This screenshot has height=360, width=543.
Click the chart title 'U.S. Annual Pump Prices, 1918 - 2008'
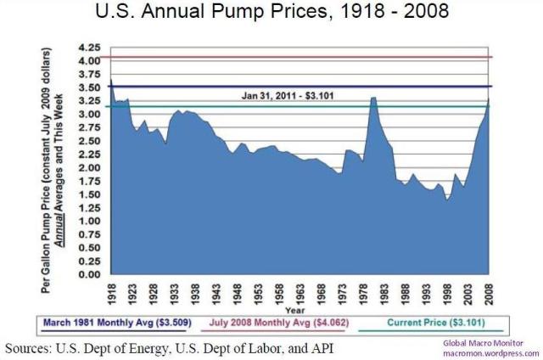[x=271, y=14]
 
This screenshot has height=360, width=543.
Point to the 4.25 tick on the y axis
[x=88, y=47]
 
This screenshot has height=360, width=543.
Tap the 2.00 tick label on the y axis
[x=88, y=167]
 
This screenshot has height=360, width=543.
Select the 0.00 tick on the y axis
[x=88, y=274]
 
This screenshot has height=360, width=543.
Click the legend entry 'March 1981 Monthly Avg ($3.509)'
[x=123, y=323]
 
